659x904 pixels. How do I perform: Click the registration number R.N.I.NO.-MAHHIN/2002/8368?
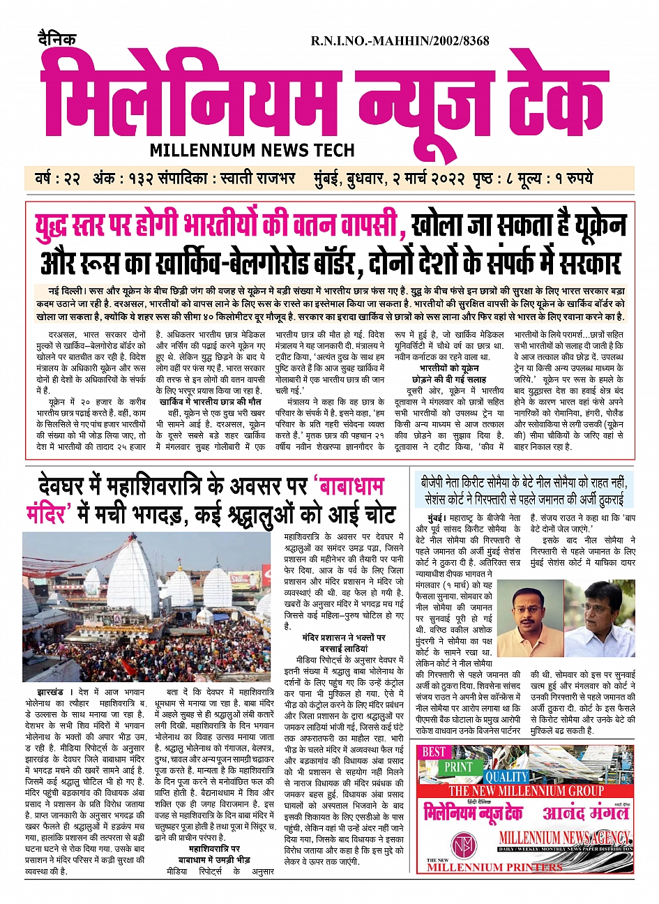tap(400, 41)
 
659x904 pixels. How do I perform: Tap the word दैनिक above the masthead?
tap(57, 39)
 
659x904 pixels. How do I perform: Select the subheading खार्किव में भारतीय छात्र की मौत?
tap(210, 401)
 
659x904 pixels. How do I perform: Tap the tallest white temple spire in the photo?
tap(133, 579)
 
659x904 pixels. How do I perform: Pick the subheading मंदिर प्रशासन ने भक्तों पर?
tap(344, 638)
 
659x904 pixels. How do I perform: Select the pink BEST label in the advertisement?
tap(434, 752)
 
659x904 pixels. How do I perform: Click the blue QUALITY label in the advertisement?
tap(507, 777)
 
